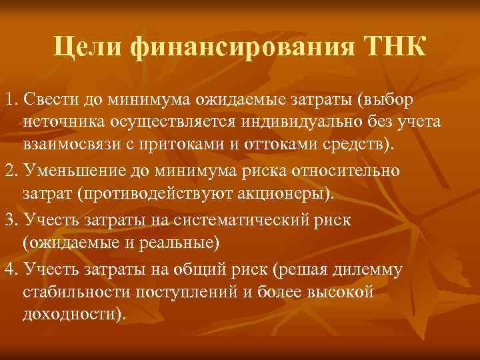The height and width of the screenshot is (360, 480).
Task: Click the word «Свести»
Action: pyautogui.click(x=43, y=100)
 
